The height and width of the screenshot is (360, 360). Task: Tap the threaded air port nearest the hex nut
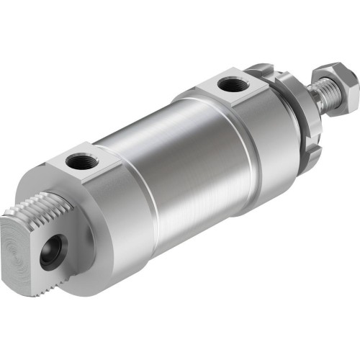click(x=230, y=85)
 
